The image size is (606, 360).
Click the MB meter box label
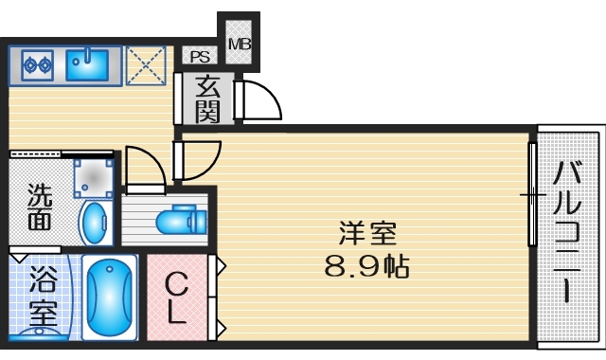point(239,42)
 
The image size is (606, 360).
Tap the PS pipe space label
point(199,57)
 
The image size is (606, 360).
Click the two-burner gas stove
point(36,64)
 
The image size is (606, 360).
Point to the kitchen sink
point(87,64)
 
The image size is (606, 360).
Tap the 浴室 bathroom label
point(42,297)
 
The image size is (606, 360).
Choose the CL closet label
point(176,297)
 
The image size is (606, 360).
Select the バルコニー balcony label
point(567,232)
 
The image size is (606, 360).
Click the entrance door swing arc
point(258,99)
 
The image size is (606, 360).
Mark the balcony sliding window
point(532,197)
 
